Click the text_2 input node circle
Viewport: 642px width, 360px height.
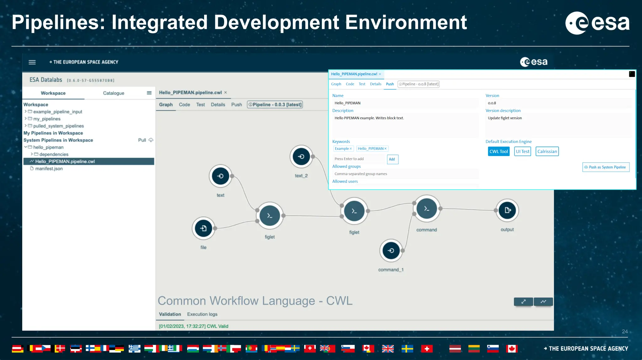tap(301, 156)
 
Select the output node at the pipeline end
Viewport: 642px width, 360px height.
tap(507, 210)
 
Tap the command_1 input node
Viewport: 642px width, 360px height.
tap(391, 251)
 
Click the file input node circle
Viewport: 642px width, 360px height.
tap(203, 228)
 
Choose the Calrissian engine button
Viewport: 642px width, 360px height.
tap(547, 151)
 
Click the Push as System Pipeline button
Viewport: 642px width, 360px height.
tap(606, 167)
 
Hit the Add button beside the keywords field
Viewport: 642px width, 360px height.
tap(392, 159)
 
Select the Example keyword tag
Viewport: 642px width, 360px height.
tap(342, 149)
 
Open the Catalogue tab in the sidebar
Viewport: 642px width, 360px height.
tap(113, 93)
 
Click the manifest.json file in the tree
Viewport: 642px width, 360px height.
tap(49, 169)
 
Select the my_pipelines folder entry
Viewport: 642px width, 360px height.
tap(47, 119)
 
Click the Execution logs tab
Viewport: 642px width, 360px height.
tap(202, 314)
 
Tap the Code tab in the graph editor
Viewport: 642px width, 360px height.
tap(184, 105)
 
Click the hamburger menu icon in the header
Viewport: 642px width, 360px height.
tap(32, 62)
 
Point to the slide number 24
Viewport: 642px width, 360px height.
tap(624, 331)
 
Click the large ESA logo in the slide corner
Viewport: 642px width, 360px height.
tap(597, 23)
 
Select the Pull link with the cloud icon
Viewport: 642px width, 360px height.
tap(145, 140)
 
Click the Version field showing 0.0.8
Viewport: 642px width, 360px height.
tap(558, 103)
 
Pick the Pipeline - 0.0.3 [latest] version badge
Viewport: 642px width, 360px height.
tap(275, 105)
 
